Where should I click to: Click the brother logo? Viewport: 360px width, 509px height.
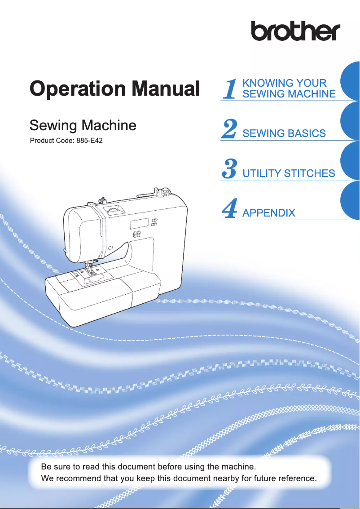pos(295,31)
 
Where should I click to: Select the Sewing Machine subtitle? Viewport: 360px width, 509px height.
pos(83,125)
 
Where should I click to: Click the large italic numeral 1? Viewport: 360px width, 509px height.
pos(230,89)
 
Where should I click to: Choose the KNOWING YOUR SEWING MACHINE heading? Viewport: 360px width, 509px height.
pos(289,89)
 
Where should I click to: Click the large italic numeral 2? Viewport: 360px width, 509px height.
pos(229,130)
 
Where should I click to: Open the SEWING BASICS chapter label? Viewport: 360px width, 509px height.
pos(284,133)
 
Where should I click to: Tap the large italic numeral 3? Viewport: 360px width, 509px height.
pos(229,169)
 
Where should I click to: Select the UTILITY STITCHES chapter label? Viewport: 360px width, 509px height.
pos(288,173)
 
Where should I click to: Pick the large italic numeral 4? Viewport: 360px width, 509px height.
pos(229,209)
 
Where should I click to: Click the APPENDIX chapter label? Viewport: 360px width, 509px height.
pos(268,213)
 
